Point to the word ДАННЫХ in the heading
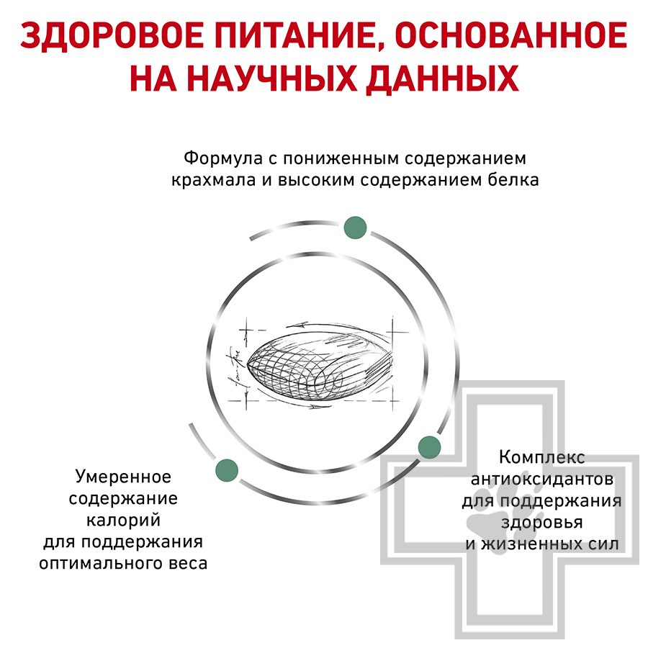click(443, 79)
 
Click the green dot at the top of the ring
click(355, 228)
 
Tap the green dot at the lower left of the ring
click(227, 470)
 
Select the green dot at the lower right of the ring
click(429, 447)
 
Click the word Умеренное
click(123, 477)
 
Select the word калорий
click(123, 520)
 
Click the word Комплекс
click(541, 457)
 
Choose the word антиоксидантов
click(541, 480)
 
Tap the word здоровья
click(541, 523)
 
